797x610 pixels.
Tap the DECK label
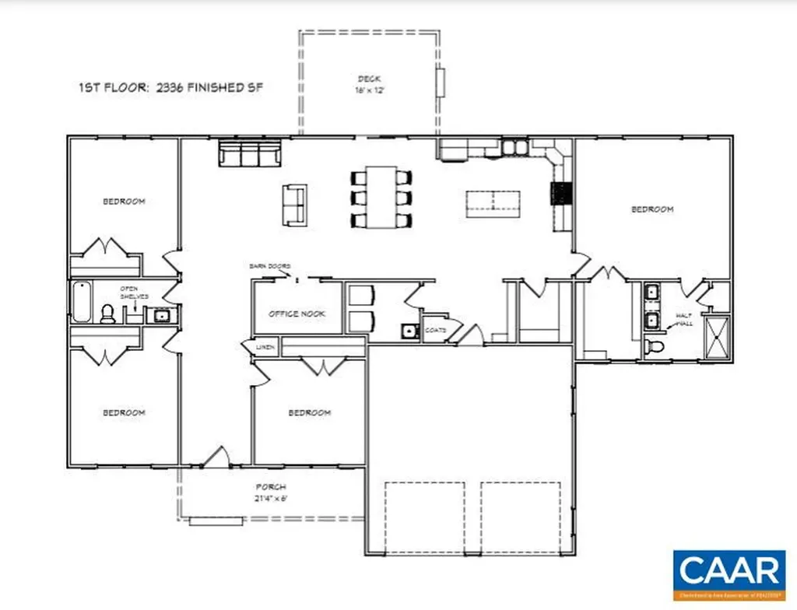(x=367, y=78)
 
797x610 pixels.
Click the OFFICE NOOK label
(x=297, y=314)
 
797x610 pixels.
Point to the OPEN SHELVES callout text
(x=128, y=293)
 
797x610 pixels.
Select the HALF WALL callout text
(x=684, y=319)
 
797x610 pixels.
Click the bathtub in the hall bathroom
(x=81, y=302)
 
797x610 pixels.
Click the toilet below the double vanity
(x=654, y=345)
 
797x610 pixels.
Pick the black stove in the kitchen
(x=562, y=193)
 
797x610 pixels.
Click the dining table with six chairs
(x=381, y=198)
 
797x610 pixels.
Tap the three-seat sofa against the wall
(x=249, y=153)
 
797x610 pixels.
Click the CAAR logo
(x=729, y=572)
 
